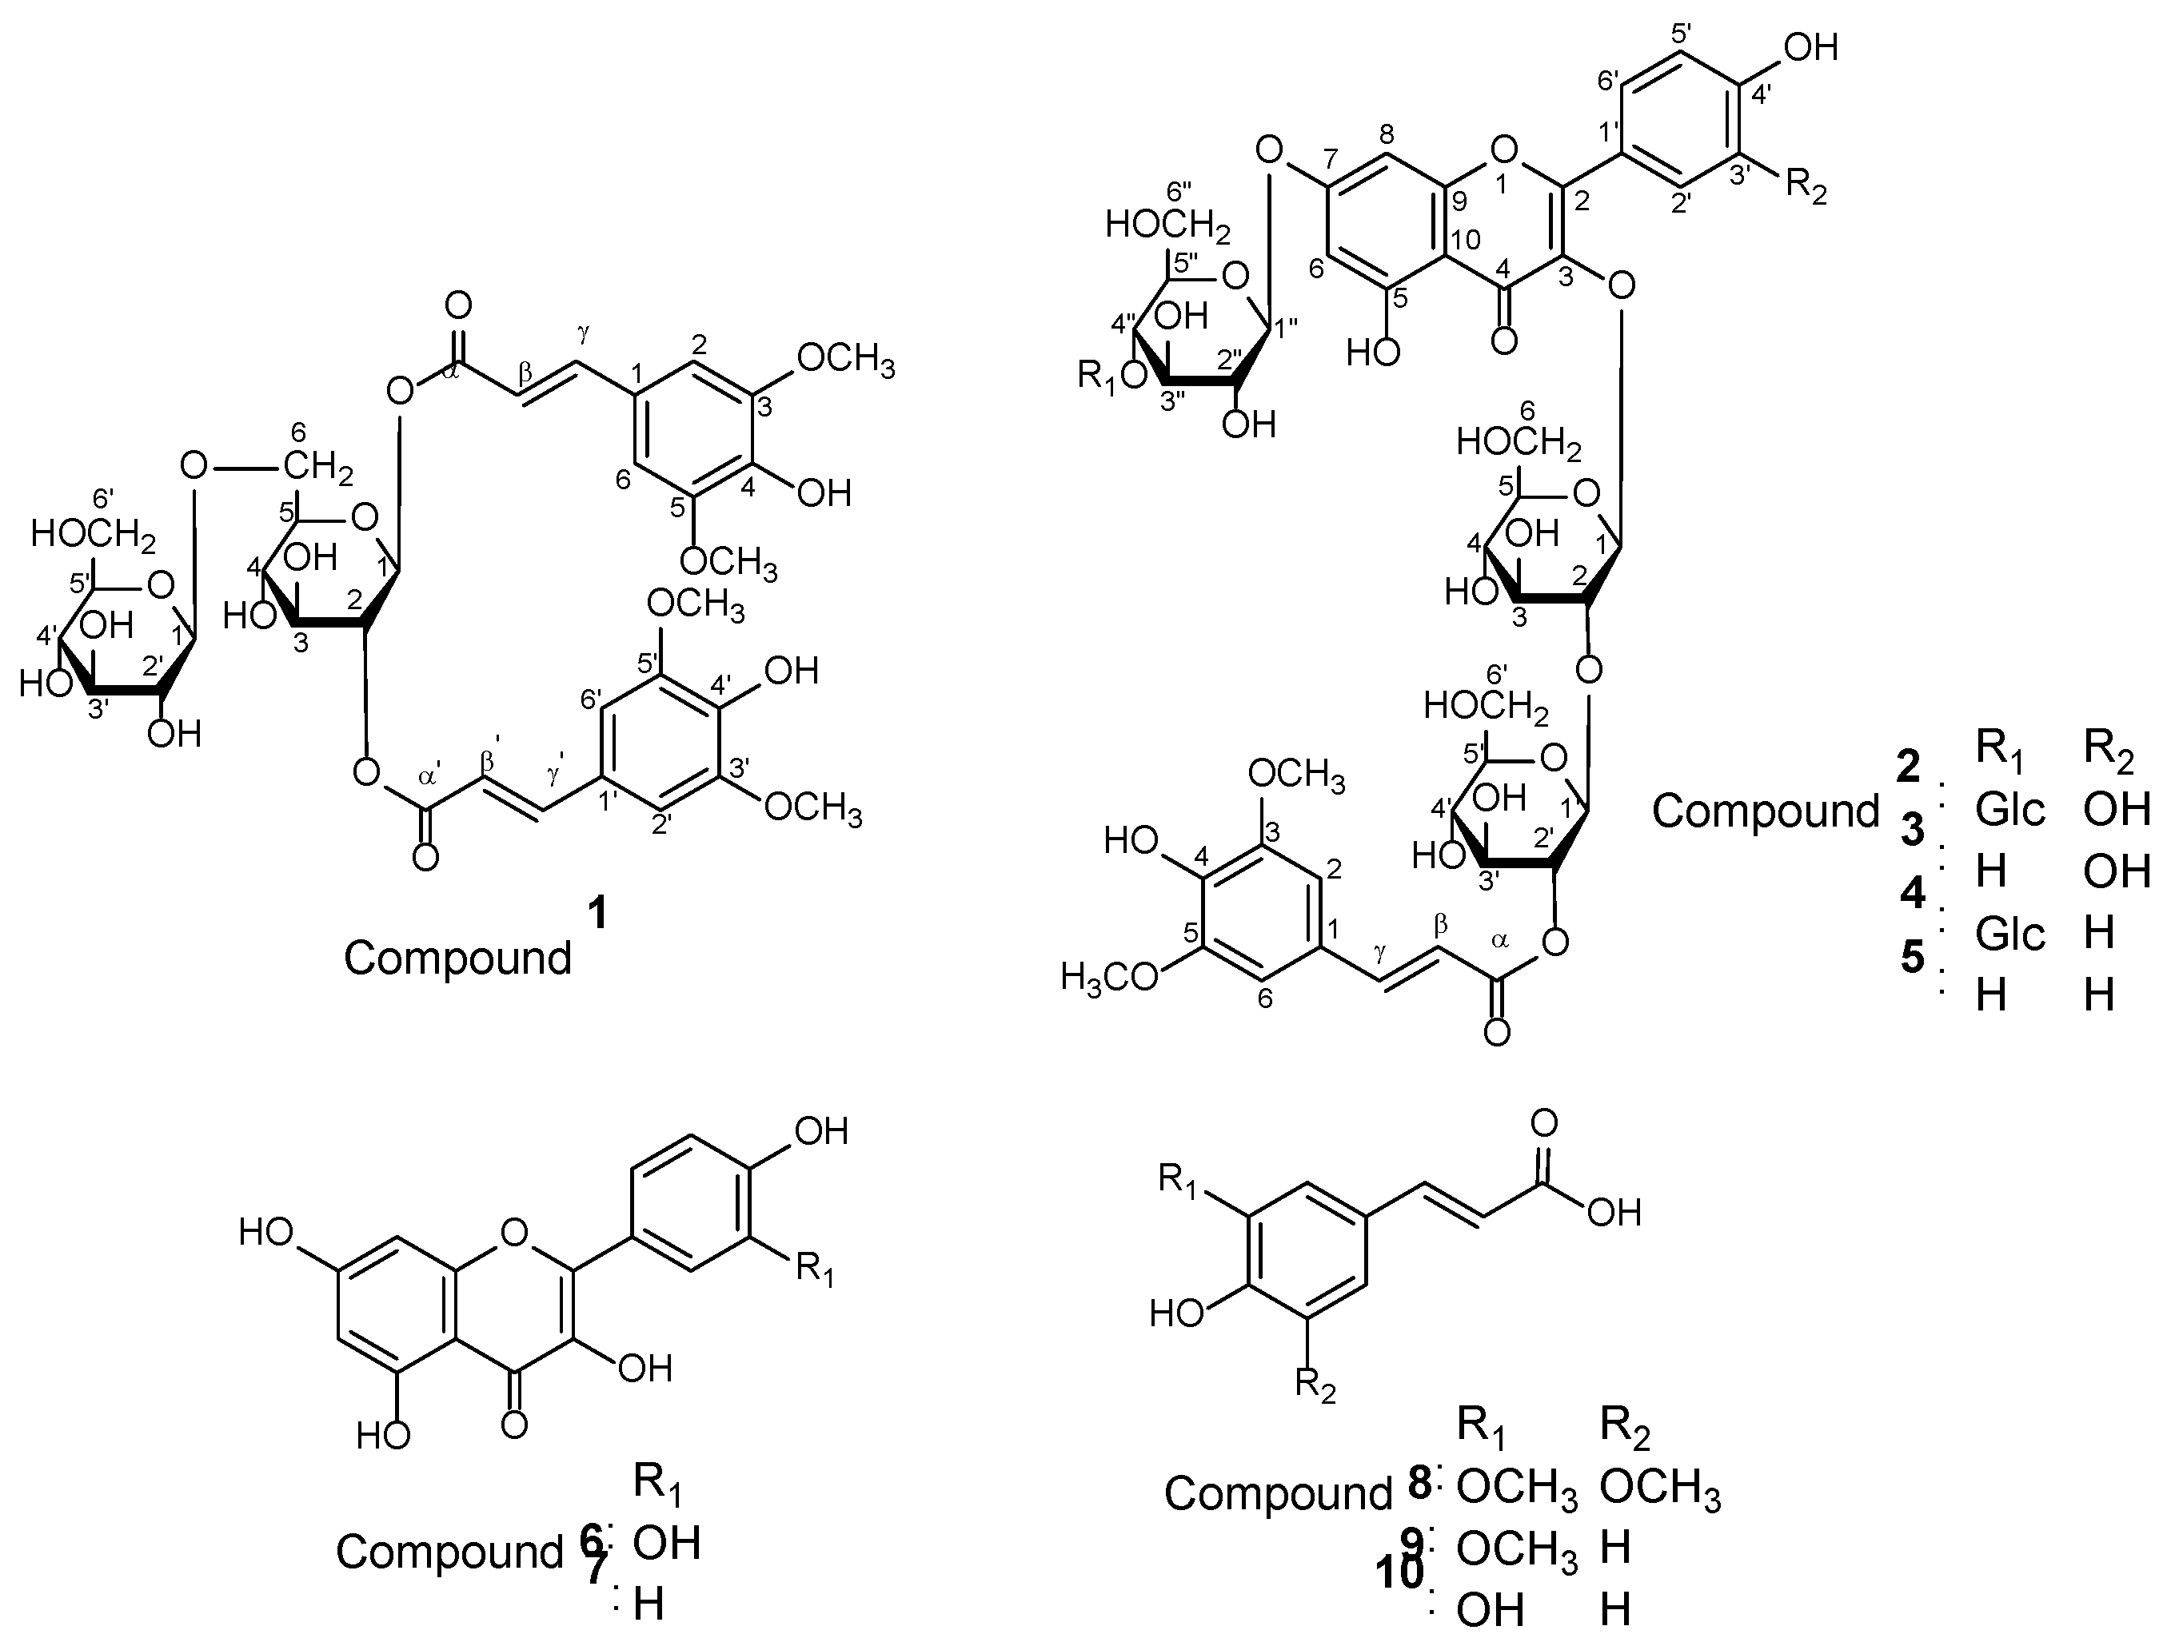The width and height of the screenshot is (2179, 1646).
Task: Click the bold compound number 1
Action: click(x=597, y=915)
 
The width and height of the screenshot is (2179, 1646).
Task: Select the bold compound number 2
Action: click(x=1908, y=765)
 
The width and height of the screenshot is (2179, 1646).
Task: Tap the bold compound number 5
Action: click(x=1912, y=956)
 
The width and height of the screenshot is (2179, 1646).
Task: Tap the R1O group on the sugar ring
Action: click(x=1112, y=374)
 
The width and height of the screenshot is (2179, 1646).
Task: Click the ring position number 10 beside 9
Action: click(x=1465, y=241)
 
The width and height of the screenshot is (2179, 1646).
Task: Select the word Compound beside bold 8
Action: click(x=1278, y=1493)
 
